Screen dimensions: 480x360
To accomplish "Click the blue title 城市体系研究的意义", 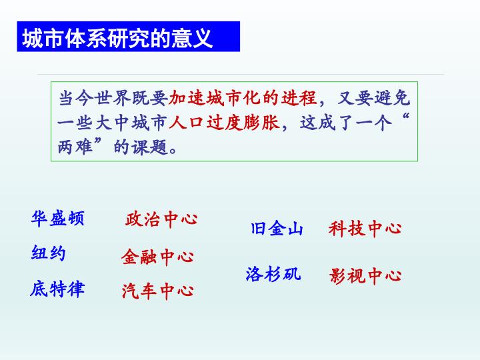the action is (117, 38).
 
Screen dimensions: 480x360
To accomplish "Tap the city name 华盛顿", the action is (57, 218).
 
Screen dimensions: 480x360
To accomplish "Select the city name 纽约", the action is (49, 253).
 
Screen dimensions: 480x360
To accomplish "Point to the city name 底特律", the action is (57, 289).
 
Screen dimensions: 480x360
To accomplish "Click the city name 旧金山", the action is (277, 229).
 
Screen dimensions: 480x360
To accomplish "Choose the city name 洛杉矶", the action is (273, 273).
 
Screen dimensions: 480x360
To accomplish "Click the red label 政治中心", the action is (161, 219).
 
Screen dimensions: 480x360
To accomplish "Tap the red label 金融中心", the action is (157, 257).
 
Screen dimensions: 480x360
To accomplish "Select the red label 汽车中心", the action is (157, 291).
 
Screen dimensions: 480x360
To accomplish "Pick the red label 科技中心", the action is (365, 229).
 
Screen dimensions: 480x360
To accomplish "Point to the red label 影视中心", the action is (365, 275).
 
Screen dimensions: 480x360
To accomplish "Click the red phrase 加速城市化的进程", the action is (243, 98).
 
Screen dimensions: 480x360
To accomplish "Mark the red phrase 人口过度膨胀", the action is (224, 123).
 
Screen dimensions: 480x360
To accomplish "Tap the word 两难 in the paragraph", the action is (75, 147).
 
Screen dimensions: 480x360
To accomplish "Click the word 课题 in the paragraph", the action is (150, 147).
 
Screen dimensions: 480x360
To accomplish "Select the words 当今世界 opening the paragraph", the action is (95, 98).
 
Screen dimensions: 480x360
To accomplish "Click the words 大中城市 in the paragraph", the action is (131, 123).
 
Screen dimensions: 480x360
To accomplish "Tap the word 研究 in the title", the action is (128, 38).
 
